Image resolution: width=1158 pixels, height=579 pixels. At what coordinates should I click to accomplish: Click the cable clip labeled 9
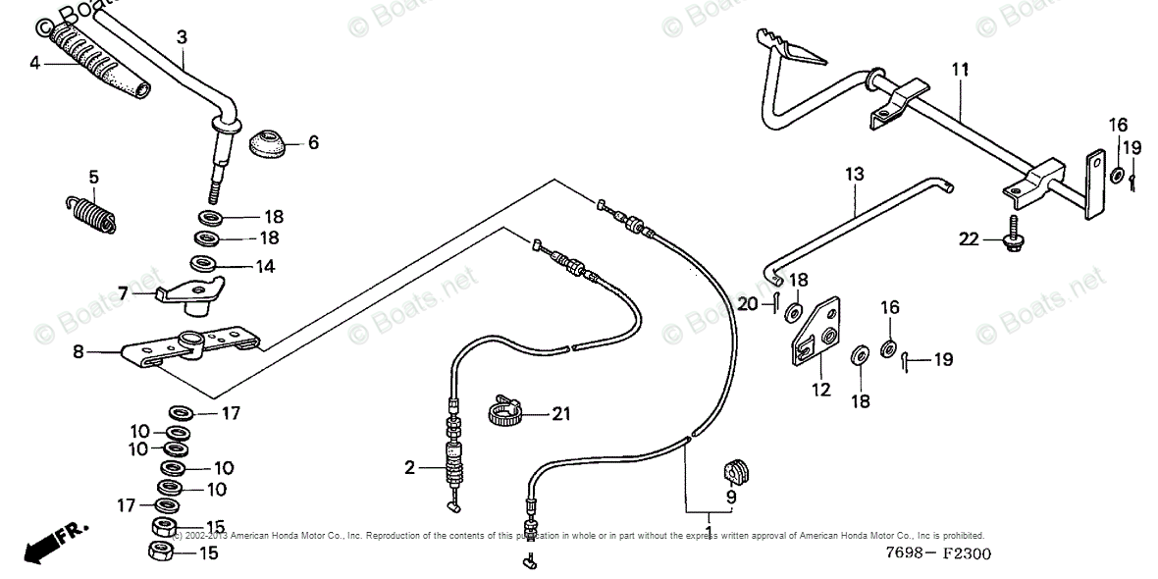[x=736, y=471]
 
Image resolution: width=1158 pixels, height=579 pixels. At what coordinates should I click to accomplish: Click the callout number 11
[x=959, y=69]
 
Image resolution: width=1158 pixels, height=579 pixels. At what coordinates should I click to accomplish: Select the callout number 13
[x=854, y=175]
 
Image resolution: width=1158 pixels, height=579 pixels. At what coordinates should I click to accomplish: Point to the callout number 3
[x=182, y=37]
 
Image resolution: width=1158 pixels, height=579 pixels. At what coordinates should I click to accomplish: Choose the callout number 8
[x=79, y=349]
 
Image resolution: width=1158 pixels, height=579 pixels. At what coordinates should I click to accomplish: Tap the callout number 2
[x=409, y=468]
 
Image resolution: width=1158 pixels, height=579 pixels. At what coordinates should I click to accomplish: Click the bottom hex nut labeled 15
[x=159, y=553]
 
